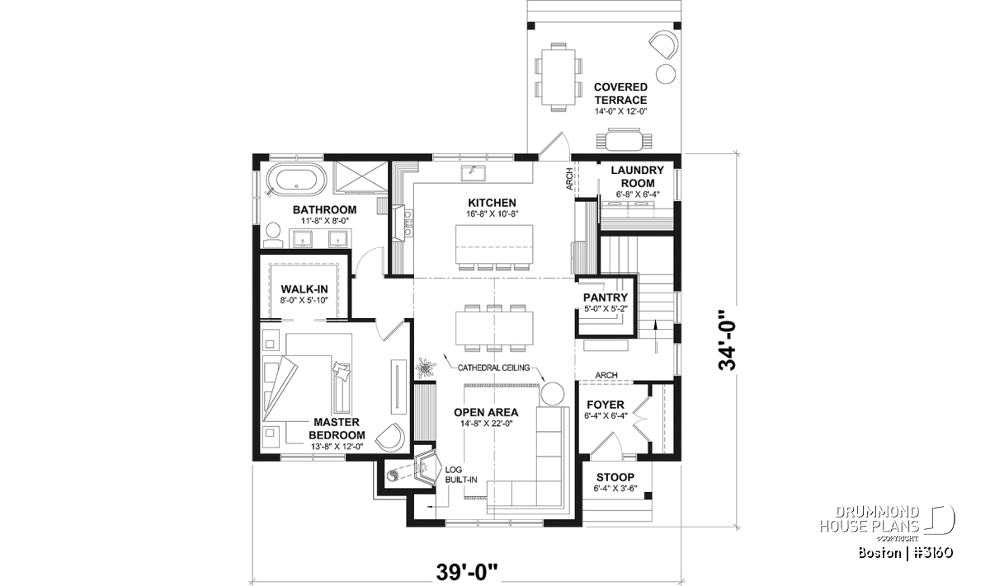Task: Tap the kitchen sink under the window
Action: click(x=473, y=172)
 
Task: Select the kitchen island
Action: click(x=494, y=244)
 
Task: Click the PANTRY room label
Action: click(x=606, y=298)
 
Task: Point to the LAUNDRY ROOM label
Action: click(x=637, y=176)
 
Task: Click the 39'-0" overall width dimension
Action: click(x=467, y=572)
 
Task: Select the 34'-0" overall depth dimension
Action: click(x=727, y=340)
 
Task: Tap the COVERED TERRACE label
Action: click(x=620, y=93)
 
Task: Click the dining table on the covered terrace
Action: click(x=559, y=77)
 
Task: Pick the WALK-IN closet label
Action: click(x=304, y=289)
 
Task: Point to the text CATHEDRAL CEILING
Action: click(x=493, y=368)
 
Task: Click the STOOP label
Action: click(x=615, y=477)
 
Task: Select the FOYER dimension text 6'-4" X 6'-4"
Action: click(x=606, y=415)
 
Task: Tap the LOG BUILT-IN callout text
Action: click(x=460, y=475)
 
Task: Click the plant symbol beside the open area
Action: click(x=426, y=368)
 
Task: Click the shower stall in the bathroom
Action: click(x=361, y=176)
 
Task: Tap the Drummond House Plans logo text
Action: click(x=869, y=519)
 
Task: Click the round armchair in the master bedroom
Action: click(x=390, y=437)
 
